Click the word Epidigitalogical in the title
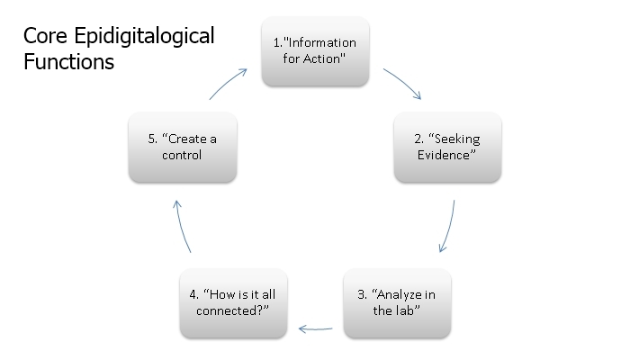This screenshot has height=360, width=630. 144,37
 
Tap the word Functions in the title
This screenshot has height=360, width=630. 68,62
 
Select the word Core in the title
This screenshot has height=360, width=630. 45,36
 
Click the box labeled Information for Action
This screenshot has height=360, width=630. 315,51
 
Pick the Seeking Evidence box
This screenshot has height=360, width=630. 447,147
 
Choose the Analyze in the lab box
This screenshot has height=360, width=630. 398,303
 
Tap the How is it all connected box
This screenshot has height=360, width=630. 233,303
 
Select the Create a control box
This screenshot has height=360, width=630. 183,147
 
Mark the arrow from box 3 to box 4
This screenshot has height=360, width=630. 315,329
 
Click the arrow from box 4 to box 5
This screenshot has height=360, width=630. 182,226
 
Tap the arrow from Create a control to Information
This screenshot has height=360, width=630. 228,83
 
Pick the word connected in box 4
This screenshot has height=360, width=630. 229,311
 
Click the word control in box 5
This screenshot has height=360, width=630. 182,155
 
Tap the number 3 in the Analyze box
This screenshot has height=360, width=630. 360,294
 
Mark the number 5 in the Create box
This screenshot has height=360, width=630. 151,139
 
